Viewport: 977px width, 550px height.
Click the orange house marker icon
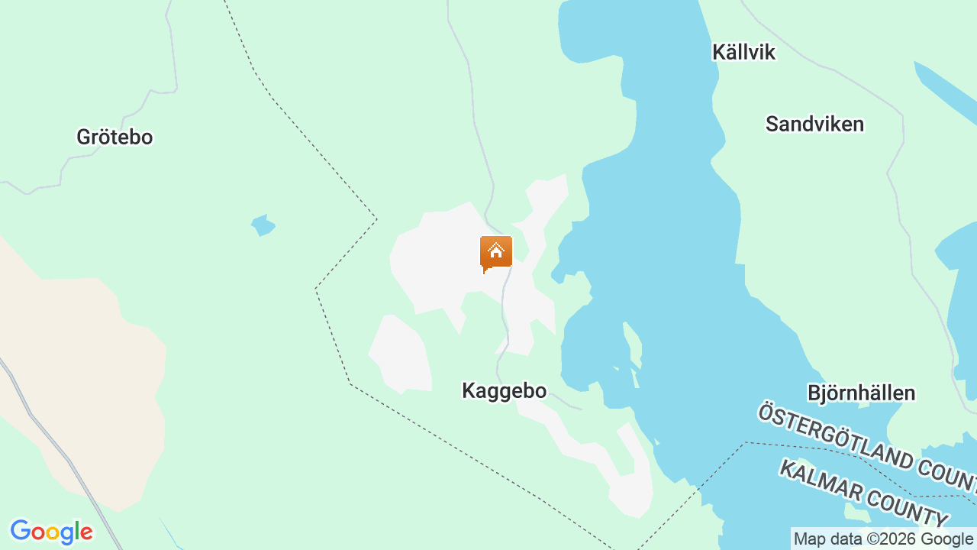[x=496, y=253]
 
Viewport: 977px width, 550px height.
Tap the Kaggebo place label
[x=504, y=391]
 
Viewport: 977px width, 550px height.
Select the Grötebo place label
[x=114, y=137]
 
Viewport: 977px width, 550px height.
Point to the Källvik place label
[x=743, y=53]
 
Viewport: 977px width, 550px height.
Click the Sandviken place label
[x=814, y=124]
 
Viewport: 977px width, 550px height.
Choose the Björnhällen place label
[x=861, y=393]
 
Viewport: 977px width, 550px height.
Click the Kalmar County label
[x=863, y=493]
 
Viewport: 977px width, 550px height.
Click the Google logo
[x=51, y=532]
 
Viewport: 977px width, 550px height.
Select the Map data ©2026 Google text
[x=883, y=539]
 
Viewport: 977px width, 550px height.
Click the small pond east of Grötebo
[x=263, y=225]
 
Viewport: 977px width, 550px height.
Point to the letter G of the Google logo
[x=21, y=531]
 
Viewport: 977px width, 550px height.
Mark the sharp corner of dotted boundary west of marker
[x=376, y=219]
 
